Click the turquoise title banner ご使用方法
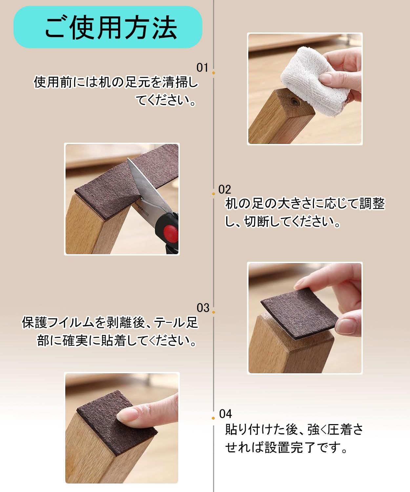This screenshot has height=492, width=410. coord(108,27)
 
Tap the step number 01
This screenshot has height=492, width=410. coord(202,68)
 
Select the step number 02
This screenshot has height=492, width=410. coord(225,190)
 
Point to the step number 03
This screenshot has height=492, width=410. coord(203,308)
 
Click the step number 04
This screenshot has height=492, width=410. coord(226,414)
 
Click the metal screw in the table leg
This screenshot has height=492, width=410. coord(295,102)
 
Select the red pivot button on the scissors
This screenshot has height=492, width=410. coord(171,234)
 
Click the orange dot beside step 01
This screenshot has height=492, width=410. coord(214,73)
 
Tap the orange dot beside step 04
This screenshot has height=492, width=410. coord(213,418)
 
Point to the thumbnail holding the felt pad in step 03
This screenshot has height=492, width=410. coord(345,327)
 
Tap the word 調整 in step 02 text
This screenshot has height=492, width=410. coord(372,203)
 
